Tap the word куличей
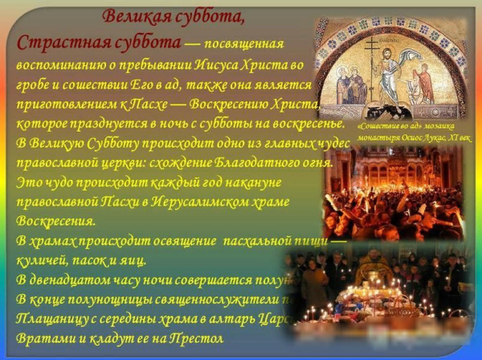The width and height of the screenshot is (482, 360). coord(43,260)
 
